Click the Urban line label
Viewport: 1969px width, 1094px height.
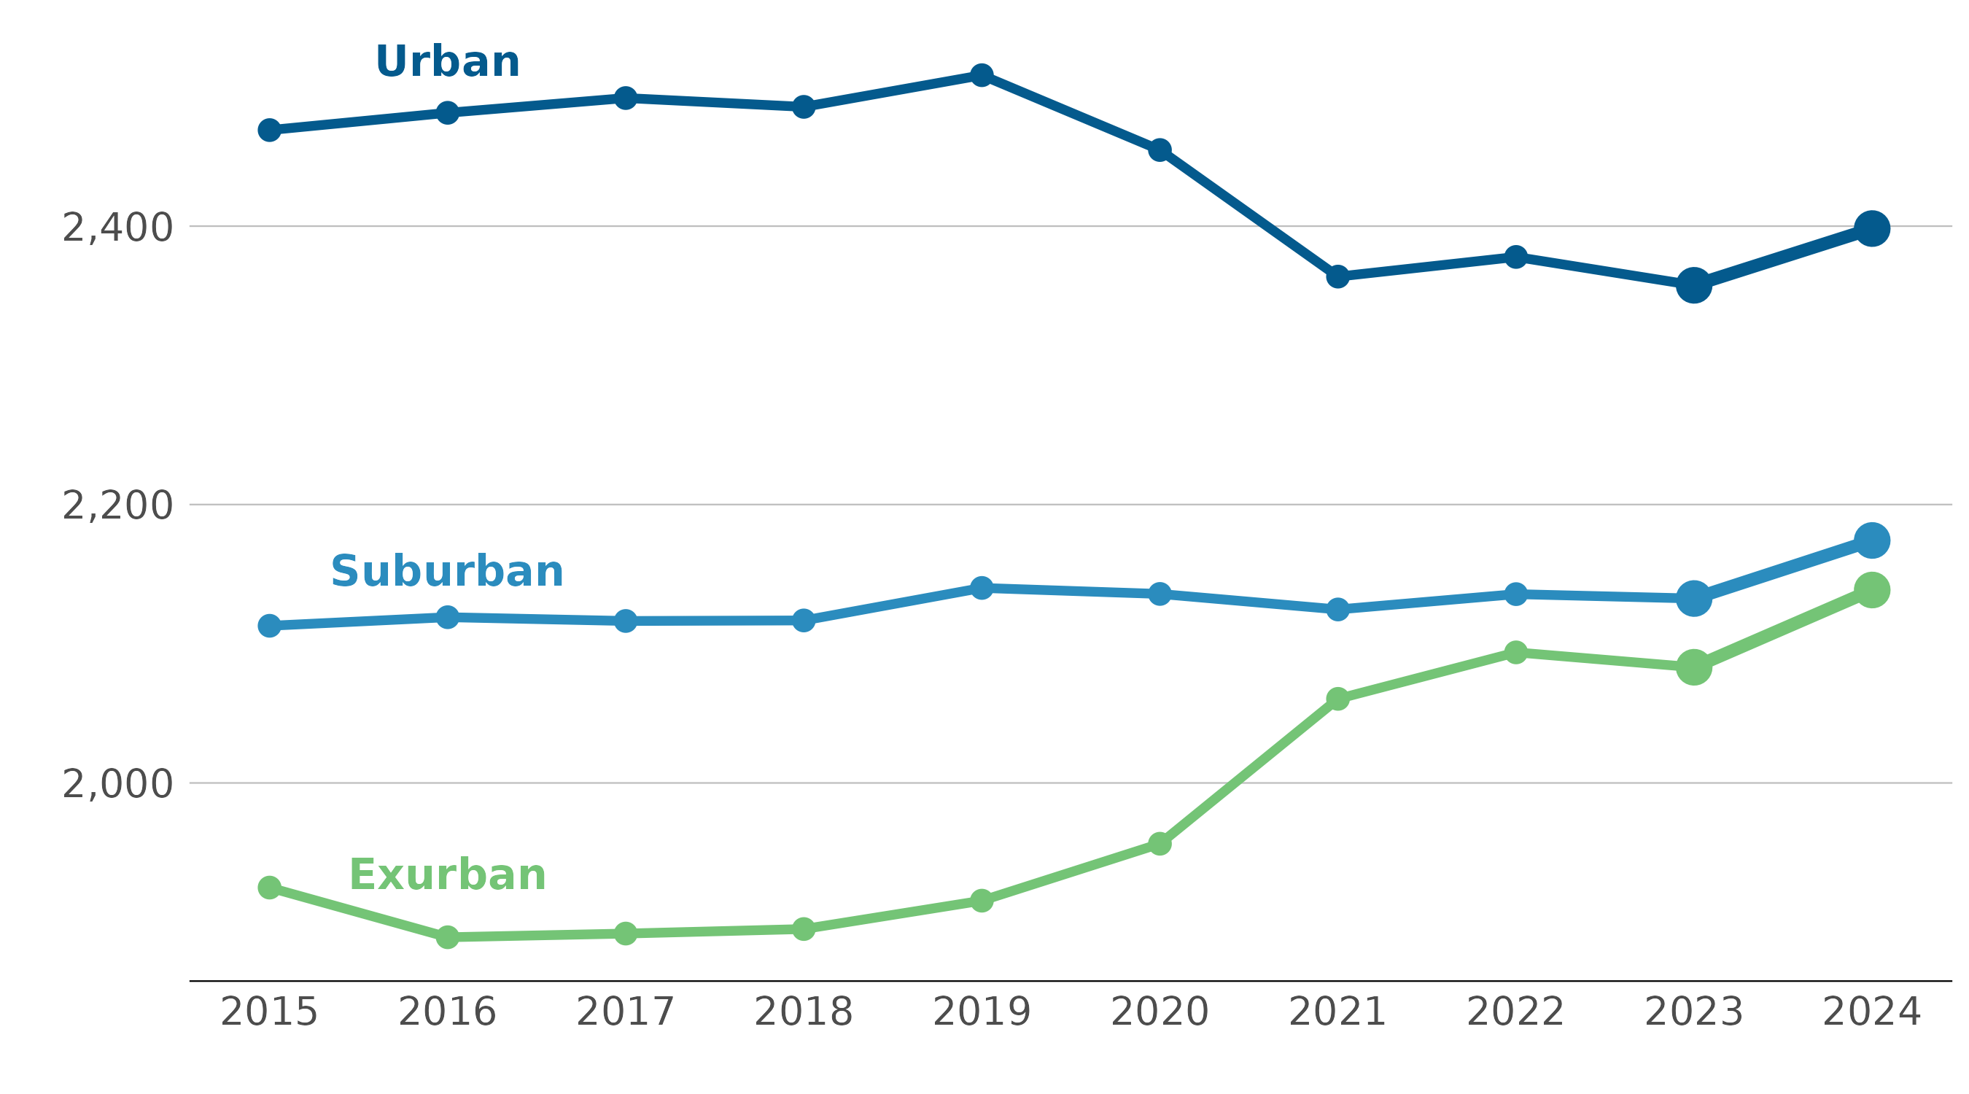[447, 62]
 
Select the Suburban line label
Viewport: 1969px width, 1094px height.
[447, 572]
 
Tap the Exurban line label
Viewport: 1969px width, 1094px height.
[447, 875]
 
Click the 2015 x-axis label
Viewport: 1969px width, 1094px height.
[269, 1012]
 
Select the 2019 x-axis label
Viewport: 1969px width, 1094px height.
[982, 1012]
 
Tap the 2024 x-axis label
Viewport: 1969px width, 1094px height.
[1872, 1012]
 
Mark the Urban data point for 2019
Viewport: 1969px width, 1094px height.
[982, 75]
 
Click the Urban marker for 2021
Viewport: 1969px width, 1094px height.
[1337, 276]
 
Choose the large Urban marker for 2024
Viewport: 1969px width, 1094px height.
[1872, 228]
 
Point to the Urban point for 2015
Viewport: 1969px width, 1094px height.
[269, 130]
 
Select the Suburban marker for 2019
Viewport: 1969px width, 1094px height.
[982, 588]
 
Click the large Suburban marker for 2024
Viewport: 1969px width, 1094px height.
[1872, 540]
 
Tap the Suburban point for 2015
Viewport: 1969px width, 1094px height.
[269, 626]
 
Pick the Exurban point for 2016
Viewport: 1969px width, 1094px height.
[448, 936]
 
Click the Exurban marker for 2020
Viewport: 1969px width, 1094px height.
[1160, 844]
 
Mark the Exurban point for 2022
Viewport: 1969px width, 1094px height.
[1515, 652]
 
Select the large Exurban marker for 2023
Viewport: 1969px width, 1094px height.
[1694, 667]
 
